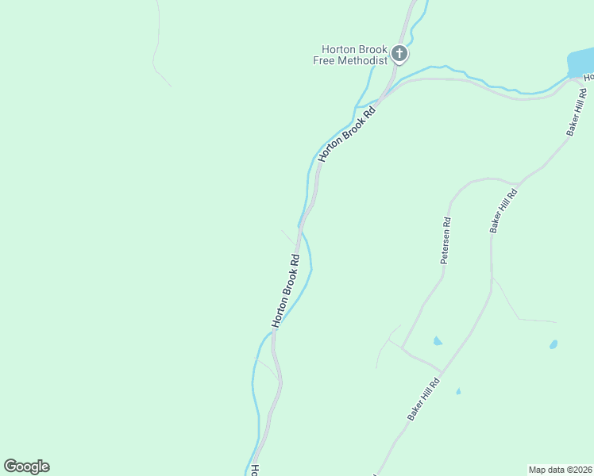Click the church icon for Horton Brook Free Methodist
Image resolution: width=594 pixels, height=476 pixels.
coord(399,54)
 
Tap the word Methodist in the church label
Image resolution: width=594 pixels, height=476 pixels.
coord(361,60)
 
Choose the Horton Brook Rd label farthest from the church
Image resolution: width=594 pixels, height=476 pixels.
coord(286,290)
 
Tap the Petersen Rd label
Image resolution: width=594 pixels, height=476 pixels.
coord(446,241)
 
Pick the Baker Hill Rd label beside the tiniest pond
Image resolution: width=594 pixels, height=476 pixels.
coord(423,400)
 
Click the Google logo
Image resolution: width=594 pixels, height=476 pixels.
coord(26,466)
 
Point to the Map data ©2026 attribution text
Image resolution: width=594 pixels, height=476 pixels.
coord(561,469)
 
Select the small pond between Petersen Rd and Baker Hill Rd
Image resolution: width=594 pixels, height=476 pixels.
coord(438,341)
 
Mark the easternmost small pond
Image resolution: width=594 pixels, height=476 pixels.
coord(553,344)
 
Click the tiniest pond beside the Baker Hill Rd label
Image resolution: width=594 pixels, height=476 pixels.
coord(458,391)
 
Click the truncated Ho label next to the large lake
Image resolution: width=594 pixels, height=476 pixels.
coord(588,78)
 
